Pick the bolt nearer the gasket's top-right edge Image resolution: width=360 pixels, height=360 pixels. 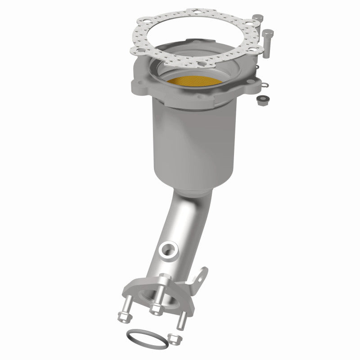click(257, 22)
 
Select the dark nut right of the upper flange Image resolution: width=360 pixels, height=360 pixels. click(261, 101)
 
